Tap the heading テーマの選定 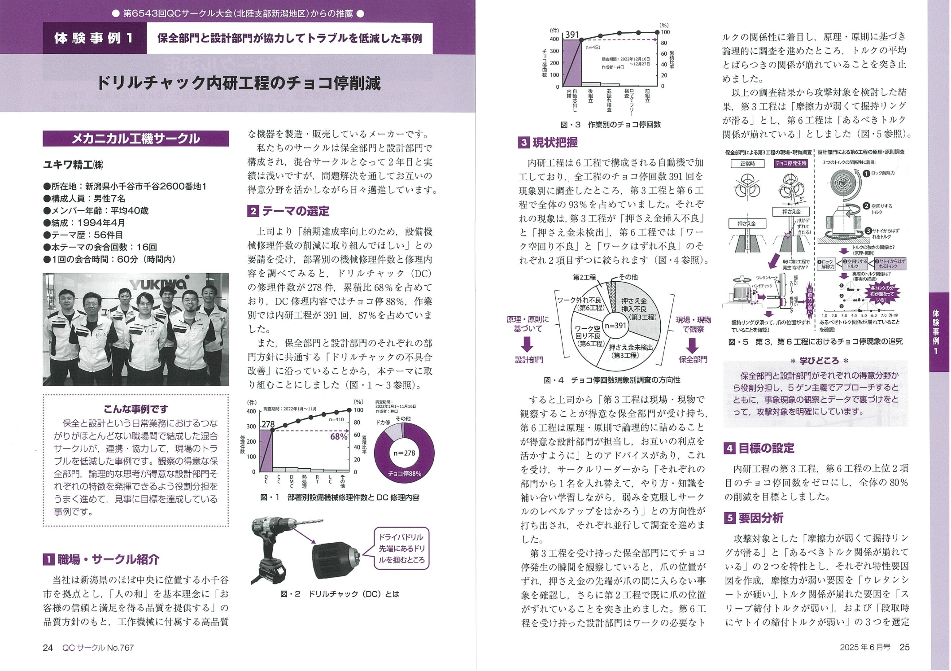(295, 211)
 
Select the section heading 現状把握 (554, 143)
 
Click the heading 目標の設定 (766, 448)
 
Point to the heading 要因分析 (760, 518)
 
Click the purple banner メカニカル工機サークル (135, 139)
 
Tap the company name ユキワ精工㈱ (73, 165)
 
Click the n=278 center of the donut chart (404, 453)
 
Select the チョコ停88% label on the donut (405, 474)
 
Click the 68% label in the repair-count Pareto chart (339, 436)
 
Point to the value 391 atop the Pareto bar (572, 35)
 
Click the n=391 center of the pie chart (615, 326)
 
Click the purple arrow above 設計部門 (527, 344)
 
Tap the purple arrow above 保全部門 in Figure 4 (692, 345)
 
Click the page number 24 (48, 647)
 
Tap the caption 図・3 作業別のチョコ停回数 (610, 125)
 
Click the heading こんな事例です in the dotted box (135, 409)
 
